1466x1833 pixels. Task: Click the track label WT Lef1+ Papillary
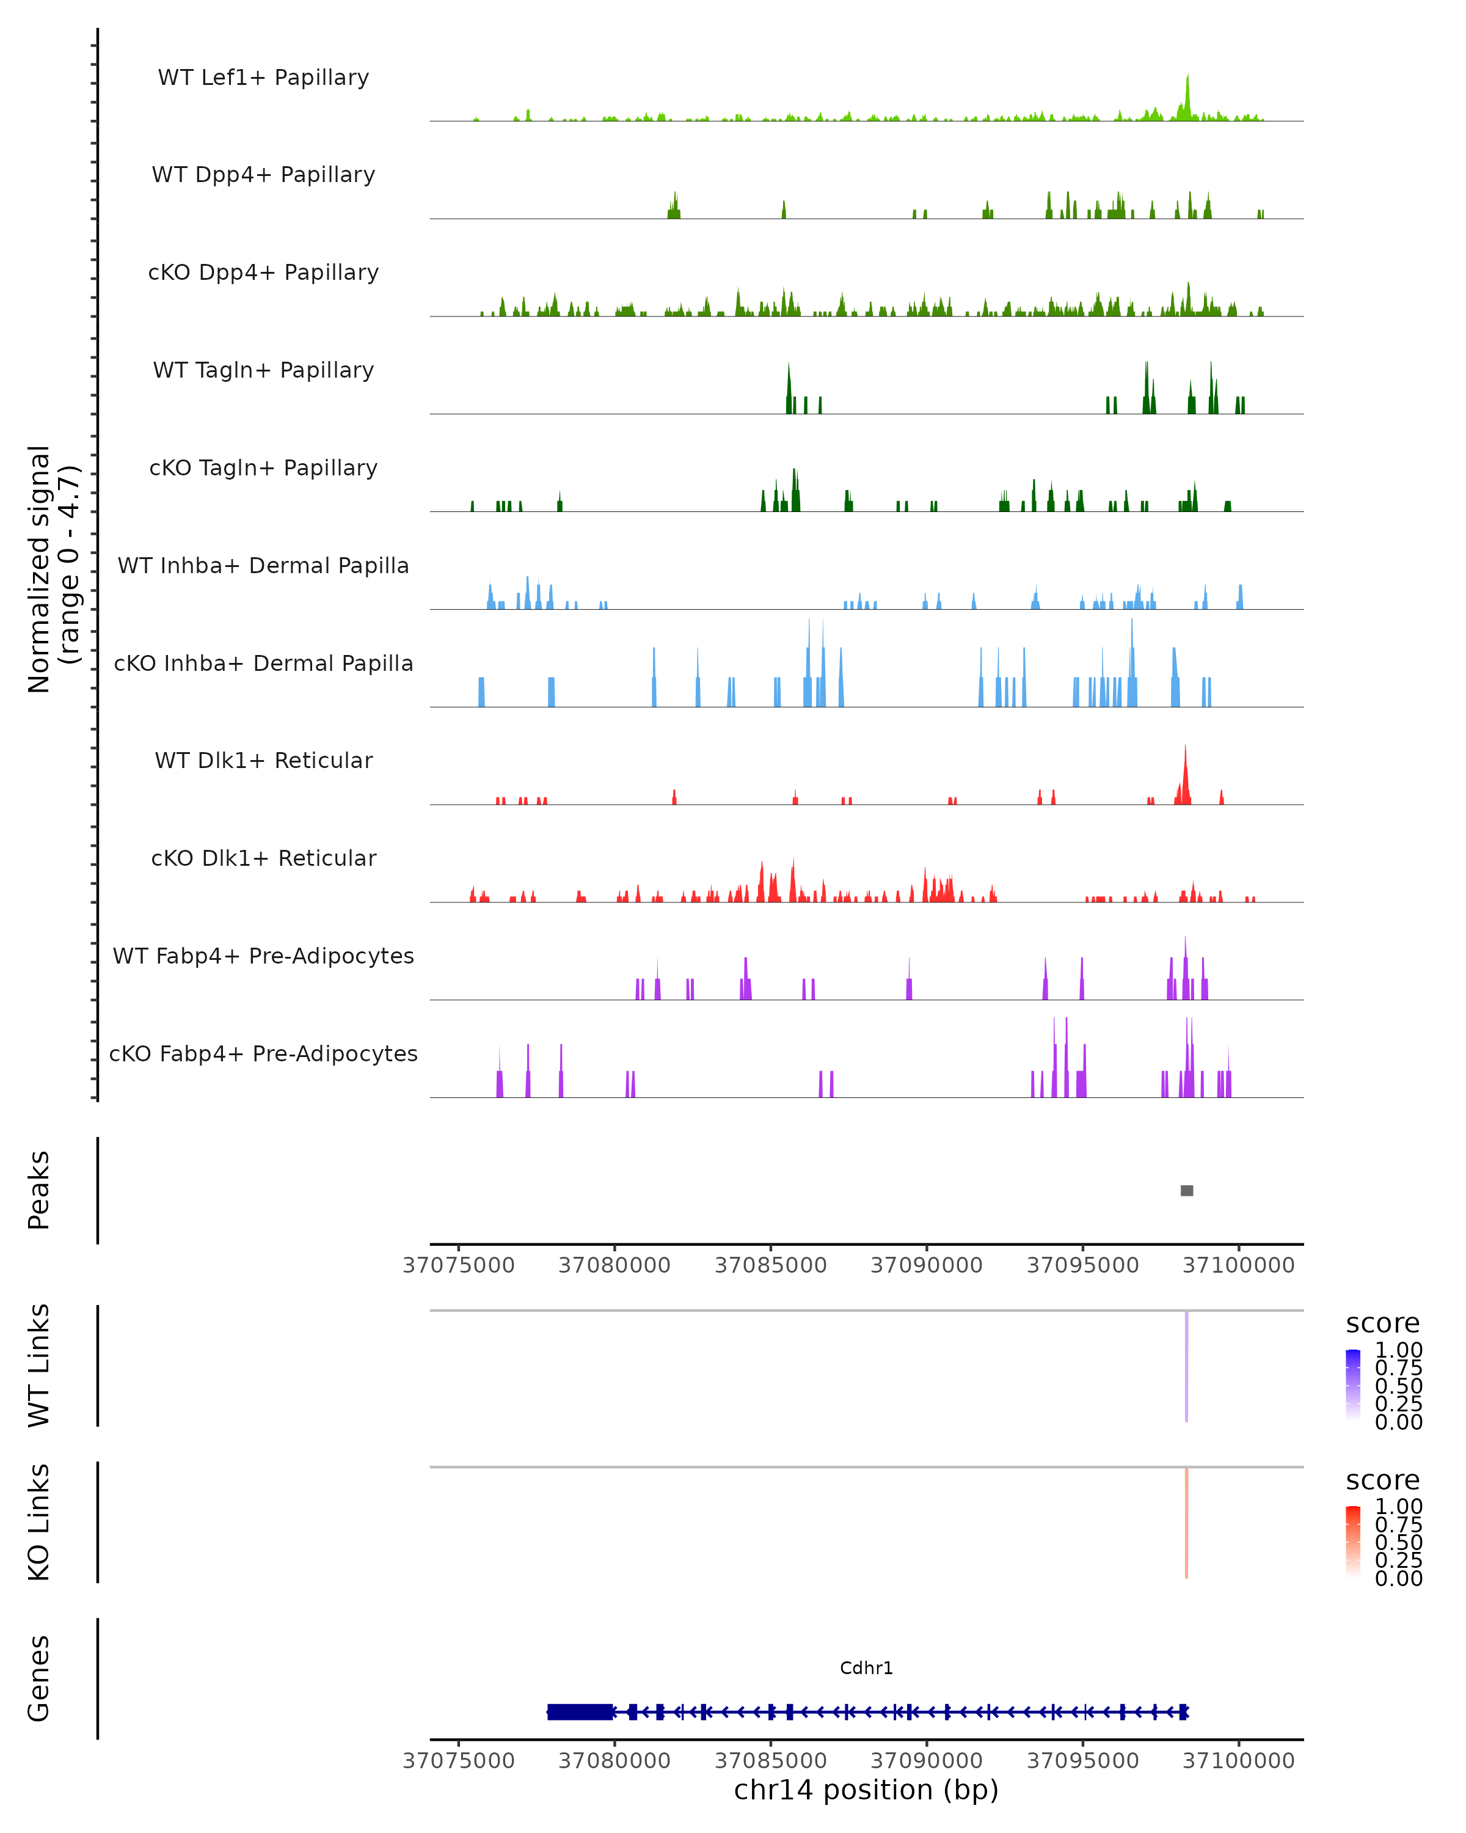click(x=263, y=78)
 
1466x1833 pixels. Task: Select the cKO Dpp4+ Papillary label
click(x=263, y=273)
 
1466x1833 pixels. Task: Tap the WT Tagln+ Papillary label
click(x=263, y=371)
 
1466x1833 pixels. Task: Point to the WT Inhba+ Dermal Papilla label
click(x=263, y=566)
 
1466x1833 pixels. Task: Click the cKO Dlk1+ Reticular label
click(x=263, y=858)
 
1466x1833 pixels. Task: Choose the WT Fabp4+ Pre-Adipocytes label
click(x=263, y=956)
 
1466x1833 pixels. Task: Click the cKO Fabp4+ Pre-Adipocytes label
click(x=263, y=1054)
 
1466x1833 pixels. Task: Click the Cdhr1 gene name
click(x=866, y=1669)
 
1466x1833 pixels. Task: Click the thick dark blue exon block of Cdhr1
click(x=580, y=1712)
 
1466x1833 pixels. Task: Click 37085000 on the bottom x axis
click(x=771, y=1761)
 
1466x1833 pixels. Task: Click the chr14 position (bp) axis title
click(x=866, y=1790)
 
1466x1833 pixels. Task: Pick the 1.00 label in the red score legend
click(x=1398, y=1507)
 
